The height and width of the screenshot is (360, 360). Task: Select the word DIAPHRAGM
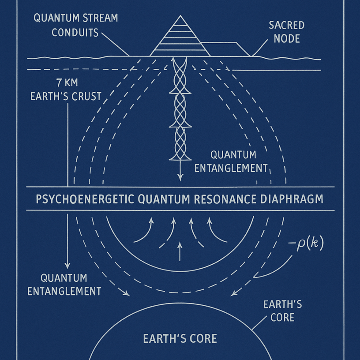pyautogui.click(x=294, y=199)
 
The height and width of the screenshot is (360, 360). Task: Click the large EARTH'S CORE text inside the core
pyautogui.click(x=180, y=338)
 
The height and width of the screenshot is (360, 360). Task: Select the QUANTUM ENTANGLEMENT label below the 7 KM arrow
pyautogui.click(x=64, y=285)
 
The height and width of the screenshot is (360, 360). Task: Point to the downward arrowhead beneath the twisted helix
pyautogui.click(x=180, y=178)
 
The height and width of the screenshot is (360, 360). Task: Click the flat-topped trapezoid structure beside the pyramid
pyautogui.click(x=225, y=49)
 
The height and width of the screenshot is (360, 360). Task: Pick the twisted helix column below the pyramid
pyautogui.click(x=180, y=110)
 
